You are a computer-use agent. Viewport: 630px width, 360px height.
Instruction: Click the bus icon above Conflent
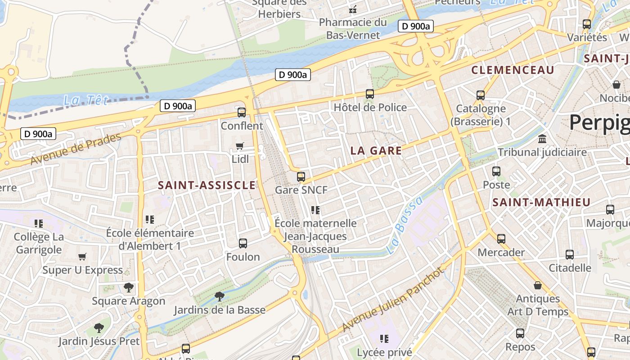click(242, 112)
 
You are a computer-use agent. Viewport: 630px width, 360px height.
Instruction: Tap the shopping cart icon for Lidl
click(239, 146)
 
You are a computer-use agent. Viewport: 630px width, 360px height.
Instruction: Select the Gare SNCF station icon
click(301, 177)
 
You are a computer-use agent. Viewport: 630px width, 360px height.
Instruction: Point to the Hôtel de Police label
click(370, 108)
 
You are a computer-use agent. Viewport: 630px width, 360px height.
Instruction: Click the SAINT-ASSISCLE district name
click(207, 185)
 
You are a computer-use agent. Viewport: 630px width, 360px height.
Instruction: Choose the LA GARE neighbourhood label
click(376, 151)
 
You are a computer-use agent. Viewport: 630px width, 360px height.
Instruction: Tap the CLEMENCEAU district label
click(513, 70)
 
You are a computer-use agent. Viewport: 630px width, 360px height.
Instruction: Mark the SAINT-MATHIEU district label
click(541, 202)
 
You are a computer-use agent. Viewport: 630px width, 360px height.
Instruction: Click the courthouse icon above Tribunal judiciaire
click(542, 139)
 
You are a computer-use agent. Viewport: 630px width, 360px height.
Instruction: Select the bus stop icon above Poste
click(496, 171)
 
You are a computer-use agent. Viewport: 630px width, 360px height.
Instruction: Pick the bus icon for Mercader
click(501, 239)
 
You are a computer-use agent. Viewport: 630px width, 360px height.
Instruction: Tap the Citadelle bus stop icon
click(570, 255)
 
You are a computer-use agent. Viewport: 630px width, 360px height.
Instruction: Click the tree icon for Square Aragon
click(129, 288)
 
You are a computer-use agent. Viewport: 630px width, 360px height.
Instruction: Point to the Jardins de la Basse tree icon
click(220, 297)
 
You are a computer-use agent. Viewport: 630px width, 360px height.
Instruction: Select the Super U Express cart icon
click(82, 257)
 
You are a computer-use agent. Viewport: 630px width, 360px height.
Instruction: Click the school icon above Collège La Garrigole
click(39, 223)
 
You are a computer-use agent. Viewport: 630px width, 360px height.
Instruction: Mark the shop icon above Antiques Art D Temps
click(538, 285)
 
